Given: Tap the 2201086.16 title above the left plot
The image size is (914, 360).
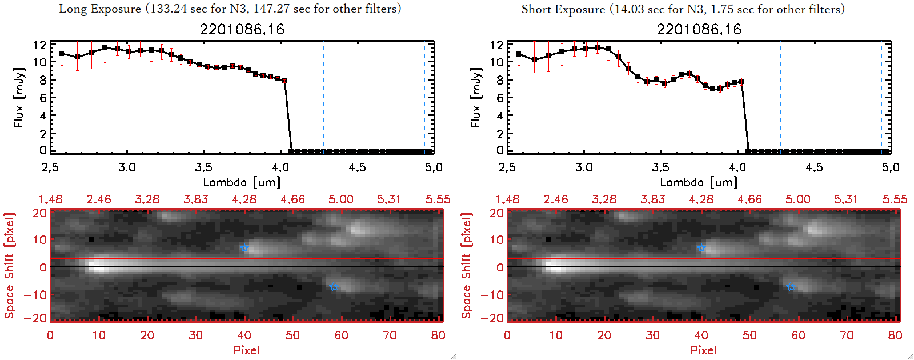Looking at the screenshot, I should coord(242,29).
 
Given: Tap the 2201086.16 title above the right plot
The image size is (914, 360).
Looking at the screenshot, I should coord(699,29).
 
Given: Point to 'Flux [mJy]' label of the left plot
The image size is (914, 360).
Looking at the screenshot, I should coord(19,97).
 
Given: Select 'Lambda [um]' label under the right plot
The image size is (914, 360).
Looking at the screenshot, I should coord(699,182).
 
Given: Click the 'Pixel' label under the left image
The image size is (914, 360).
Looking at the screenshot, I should coord(246,350).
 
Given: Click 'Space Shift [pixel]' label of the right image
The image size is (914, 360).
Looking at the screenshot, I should coord(467,266).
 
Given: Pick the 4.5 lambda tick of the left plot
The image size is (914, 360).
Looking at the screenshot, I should coord(357,167).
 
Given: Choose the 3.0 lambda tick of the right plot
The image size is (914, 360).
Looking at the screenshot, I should coord(584,167).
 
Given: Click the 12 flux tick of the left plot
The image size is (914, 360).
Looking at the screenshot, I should coord(39,45).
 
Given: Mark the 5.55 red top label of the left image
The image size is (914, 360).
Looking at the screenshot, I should coord(438,199).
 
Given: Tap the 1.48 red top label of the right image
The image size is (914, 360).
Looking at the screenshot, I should coord(507,199).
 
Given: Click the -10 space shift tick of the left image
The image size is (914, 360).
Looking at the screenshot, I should coord(35,295).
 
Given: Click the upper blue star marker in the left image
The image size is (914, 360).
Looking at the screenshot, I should coord(244,248).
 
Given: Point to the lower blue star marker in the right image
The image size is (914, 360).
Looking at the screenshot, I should coord(791,287).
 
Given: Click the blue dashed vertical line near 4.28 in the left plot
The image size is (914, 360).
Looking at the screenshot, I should coord(323,97).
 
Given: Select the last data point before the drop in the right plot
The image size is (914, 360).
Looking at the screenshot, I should coord(741,81).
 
